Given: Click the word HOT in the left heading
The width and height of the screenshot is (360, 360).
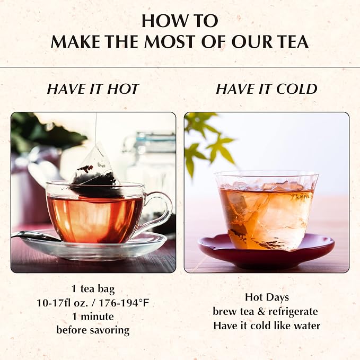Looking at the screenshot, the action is pyautogui.click(x=123, y=89).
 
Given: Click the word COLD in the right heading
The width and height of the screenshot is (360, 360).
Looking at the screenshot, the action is pyautogui.click(x=296, y=89).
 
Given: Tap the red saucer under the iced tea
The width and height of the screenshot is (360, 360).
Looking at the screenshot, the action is pyautogui.click(x=266, y=251).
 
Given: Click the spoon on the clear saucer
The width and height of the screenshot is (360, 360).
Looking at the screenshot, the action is pyautogui.click(x=37, y=236).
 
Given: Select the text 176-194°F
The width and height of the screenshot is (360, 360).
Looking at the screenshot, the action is pyautogui.click(x=124, y=303).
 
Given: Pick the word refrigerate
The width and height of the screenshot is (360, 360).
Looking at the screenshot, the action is pyautogui.click(x=293, y=312).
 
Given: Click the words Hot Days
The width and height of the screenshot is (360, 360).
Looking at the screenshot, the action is pyautogui.click(x=267, y=297).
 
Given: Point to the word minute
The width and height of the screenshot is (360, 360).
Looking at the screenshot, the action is pyautogui.click(x=98, y=317).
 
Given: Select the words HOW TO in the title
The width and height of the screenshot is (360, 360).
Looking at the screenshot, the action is pyautogui.click(x=180, y=21).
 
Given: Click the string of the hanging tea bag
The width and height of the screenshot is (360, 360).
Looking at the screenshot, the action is pyautogui.click(x=95, y=130).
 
